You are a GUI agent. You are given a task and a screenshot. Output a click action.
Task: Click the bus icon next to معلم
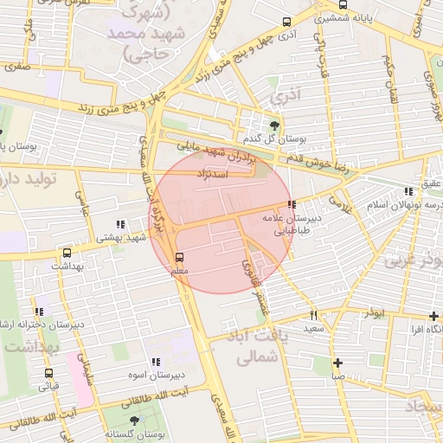pyautogui.click(x=180, y=257)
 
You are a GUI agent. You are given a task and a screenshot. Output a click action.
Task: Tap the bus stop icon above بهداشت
pyautogui.click(x=67, y=254)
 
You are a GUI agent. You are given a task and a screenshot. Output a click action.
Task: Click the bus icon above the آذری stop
pyautogui.click(x=286, y=22)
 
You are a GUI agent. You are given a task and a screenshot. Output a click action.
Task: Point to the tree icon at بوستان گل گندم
pyautogui.click(x=275, y=125)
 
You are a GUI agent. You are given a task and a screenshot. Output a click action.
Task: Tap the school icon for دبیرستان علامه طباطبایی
pyautogui.click(x=292, y=205)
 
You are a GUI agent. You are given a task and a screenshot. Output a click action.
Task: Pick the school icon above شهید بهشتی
pyautogui.click(x=119, y=224)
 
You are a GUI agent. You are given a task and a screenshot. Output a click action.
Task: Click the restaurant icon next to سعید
pyautogui.click(x=313, y=316)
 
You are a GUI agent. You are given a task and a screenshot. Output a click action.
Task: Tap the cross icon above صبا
pyautogui.click(x=337, y=363)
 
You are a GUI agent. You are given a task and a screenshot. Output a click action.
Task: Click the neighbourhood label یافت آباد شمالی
pyautogui.click(x=251, y=344)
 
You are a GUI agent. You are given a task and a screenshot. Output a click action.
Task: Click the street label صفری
pyautogui.click(x=40, y=64)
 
